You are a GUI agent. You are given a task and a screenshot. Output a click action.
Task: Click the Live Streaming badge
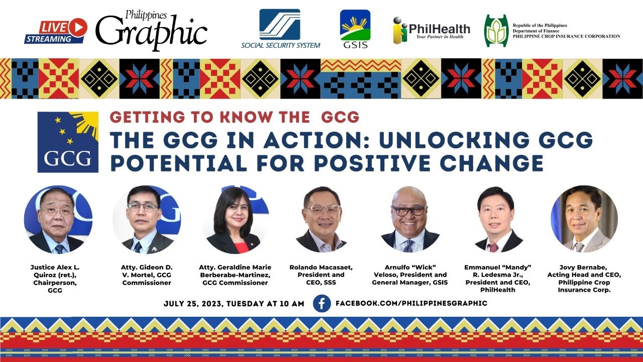click(x=56, y=31)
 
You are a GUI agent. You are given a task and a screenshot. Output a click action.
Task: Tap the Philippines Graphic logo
click(x=151, y=30)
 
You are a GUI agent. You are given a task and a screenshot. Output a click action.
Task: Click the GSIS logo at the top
click(x=355, y=29)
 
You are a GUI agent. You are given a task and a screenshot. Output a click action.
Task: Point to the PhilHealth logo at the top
click(x=432, y=31)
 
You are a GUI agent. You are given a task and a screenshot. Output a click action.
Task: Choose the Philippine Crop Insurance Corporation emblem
click(x=496, y=31)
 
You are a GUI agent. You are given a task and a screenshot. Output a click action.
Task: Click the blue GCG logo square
click(x=68, y=142)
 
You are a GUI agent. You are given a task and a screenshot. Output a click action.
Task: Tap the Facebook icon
click(x=321, y=303)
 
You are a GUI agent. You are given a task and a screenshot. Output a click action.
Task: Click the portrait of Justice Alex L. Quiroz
click(x=58, y=219)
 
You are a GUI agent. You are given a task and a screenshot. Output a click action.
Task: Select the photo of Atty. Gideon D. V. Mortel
click(x=146, y=220)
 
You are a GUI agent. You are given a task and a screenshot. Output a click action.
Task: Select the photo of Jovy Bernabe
click(x=584, y=219)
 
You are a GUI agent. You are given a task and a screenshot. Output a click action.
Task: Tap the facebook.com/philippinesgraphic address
click(x=411, y=303)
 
